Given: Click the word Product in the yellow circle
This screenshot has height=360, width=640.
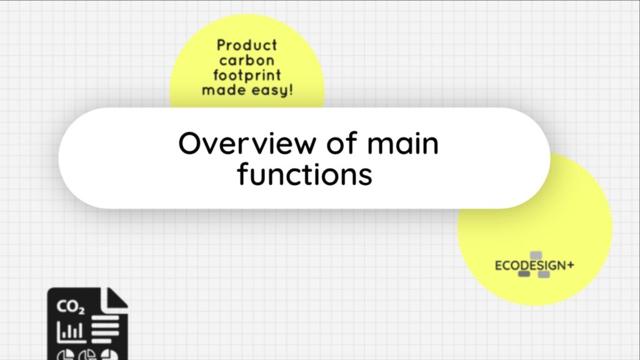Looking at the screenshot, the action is pyautogui.click(x=247, y=45).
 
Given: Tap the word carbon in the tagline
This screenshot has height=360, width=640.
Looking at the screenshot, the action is pyautogui.click(x=247, y=61).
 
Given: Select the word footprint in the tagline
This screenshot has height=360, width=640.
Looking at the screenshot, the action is pyautogui.click(x=247, y=76).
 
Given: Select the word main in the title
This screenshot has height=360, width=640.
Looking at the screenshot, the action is pyautogui.click(x=403, y=143).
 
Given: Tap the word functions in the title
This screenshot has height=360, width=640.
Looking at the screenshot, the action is pyautogui.click(x=304, y=174).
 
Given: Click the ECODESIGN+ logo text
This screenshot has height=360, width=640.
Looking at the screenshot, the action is pyautogui.click(x=534, y=266).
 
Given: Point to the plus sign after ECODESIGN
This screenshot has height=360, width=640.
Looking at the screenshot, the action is pyautogui.click(x=571, y=265).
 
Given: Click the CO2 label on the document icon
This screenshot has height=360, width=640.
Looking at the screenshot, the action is pyautogui.click(x=71, y=306).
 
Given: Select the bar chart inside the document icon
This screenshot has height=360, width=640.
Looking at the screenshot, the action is pyautogui.click(x=71, y=331).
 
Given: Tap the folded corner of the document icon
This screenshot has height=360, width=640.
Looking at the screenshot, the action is pyautogui.click(x=116, y=298).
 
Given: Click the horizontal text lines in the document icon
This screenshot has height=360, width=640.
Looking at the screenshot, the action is pyautogui.click(x=105, y=329).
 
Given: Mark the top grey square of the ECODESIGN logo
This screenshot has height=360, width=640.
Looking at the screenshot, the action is pyautogui.click(x=536, y=256).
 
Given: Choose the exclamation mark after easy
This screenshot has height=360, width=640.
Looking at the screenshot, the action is pyautogui.click(x=291, y=89).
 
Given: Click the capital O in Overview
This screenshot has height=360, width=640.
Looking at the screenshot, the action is pyautogui.click(x=191, y=143).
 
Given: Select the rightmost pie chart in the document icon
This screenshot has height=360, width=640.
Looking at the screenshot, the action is pyautogui.click(x=109, y=354).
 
